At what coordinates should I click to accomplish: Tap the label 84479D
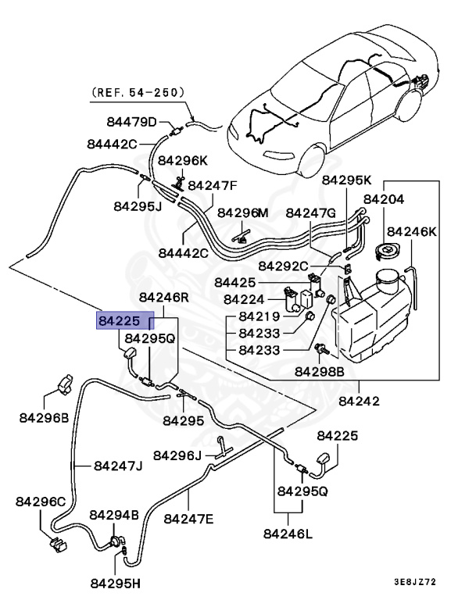[132, 122]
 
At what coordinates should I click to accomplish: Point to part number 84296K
[182, 160]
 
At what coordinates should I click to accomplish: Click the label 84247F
[212, 186]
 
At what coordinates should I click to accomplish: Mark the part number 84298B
[319, 373]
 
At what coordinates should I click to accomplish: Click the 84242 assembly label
[359, 402]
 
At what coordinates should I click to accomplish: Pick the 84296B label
[44, 417]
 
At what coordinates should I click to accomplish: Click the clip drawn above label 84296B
[65, 385]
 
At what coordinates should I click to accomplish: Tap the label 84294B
[113, 515]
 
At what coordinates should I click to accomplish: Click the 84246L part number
[288, 535]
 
